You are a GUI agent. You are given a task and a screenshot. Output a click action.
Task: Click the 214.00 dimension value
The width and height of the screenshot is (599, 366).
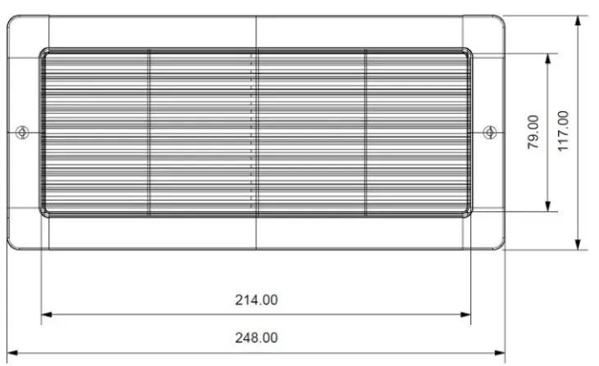(256, 300)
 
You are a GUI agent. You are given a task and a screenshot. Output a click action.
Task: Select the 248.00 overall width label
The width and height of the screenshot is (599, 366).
(256, 337)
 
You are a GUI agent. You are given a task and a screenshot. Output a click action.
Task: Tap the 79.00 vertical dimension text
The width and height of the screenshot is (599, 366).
(533, 132)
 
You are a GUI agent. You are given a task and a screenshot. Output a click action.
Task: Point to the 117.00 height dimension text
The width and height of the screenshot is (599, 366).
(563, 132)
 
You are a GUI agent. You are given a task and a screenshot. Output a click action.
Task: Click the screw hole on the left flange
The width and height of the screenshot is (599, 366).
(23, 132)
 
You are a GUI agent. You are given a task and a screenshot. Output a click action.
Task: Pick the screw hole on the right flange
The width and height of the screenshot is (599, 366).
(490, 132)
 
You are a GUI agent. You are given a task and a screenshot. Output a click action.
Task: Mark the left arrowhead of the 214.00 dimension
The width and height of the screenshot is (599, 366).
(45, 314)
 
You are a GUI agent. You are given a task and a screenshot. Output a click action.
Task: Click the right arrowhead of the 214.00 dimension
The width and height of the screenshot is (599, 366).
(468, 314)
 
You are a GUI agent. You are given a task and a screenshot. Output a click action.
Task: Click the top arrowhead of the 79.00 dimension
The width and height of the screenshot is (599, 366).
(547, 58)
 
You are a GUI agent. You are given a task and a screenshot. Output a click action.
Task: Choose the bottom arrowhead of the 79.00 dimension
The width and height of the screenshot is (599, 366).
(547, 206)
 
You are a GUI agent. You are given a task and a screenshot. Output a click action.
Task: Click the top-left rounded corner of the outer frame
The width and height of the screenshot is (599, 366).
(11, 19)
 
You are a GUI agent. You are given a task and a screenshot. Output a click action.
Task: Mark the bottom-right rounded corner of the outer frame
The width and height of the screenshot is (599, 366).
(501, 244)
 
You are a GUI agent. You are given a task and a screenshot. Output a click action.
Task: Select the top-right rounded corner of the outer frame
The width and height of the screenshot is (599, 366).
(501, 19)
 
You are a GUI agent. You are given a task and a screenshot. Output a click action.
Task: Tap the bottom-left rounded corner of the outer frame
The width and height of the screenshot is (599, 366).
(11, 244)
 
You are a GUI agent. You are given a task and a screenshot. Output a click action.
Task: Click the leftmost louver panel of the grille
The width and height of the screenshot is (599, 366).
(94, 132)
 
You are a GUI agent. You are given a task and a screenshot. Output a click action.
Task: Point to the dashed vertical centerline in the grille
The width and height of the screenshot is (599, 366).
(252, 132)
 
